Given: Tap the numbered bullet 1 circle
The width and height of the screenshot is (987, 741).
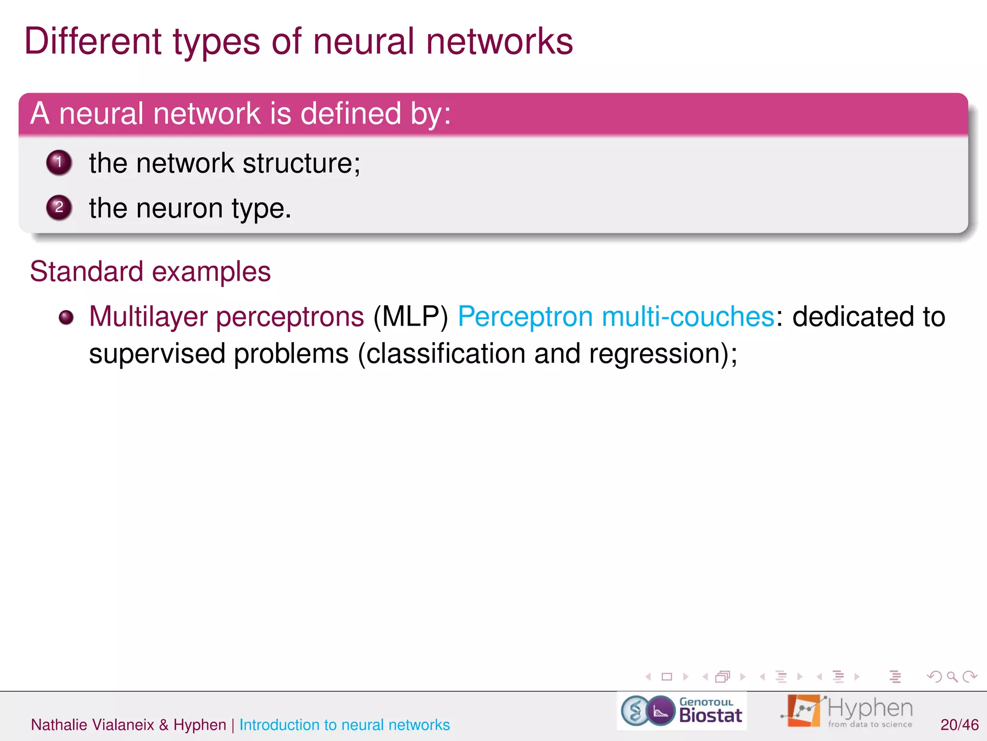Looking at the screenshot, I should point(59,163).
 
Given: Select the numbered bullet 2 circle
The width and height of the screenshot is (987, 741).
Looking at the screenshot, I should point(59,207).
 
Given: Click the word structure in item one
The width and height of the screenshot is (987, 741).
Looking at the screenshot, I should point(301,164).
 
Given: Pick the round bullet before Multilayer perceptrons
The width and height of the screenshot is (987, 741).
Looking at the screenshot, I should point(66,317).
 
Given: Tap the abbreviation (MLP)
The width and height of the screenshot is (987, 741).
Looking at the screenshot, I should point(411,317).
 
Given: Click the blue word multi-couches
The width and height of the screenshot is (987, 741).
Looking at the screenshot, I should point(688,317).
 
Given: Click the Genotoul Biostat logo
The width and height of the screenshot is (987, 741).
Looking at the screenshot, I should point(681,711).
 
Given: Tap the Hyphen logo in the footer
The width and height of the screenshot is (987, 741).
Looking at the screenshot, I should point(847,711).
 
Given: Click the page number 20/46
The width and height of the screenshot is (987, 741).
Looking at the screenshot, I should point(959,725).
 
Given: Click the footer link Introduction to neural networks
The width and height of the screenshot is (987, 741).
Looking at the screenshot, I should point(344,725).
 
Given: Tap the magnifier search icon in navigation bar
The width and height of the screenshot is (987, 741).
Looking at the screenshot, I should point(952,677).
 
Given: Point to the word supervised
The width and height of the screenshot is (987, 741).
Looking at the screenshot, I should point(157,354).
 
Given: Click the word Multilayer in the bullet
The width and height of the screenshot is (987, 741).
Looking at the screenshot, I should point(148,317).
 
